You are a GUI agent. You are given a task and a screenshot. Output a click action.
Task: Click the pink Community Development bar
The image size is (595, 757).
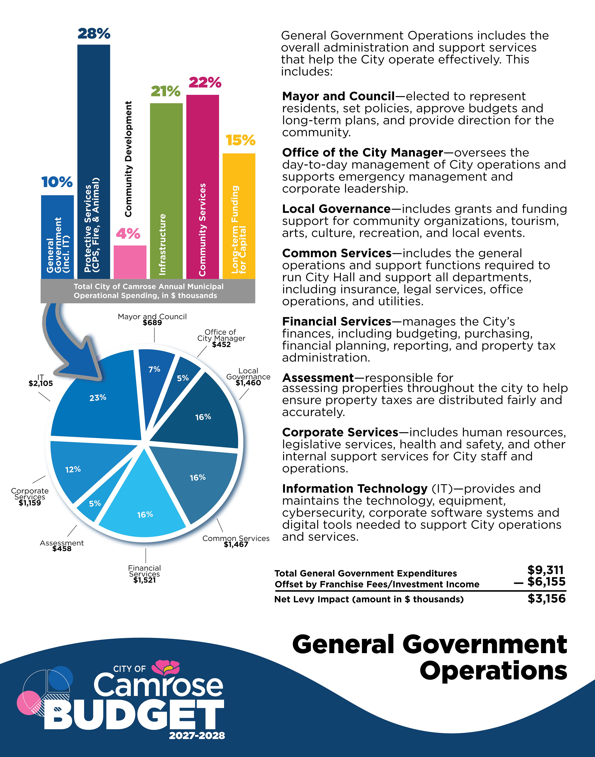click(x=130, y=262)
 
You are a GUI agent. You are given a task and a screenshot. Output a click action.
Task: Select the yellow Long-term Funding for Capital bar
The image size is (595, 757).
click(x=239, y=216)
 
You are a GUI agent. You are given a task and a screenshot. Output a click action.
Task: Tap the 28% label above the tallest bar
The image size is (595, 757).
click(x=94, y=34)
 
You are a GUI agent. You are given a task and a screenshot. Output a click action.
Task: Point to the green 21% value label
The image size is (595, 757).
click(x=166, y=91)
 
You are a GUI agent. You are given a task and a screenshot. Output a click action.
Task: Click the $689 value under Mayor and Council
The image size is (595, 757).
click(x=152, y=323)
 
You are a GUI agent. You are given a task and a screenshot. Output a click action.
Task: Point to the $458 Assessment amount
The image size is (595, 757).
click(x=62, y=549)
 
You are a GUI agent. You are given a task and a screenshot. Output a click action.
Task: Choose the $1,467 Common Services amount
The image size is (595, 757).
click(x=236, y=545)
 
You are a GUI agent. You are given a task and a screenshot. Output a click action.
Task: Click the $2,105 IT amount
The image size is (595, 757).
click(x=41, y=383)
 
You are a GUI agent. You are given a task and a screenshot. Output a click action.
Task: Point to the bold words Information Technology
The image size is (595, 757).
click(x=355, y=489)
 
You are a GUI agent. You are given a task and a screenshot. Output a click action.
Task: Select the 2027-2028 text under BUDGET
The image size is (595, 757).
click(x=197, y=735)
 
